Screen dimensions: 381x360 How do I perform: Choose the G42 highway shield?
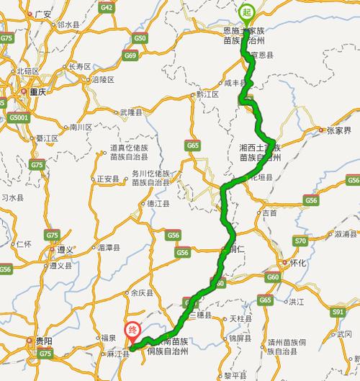[x=107, y=7]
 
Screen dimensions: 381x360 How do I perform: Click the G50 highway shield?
[x=140, y=38]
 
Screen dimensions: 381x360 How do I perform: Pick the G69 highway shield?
[x=130, y=55]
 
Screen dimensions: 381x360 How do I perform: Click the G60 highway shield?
[x=272, y=277]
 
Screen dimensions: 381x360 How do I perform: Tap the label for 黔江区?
[x=207, y=94]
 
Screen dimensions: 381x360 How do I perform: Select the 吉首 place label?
[x=269, y=213]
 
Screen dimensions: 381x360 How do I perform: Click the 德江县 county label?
[x=158, y=204]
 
